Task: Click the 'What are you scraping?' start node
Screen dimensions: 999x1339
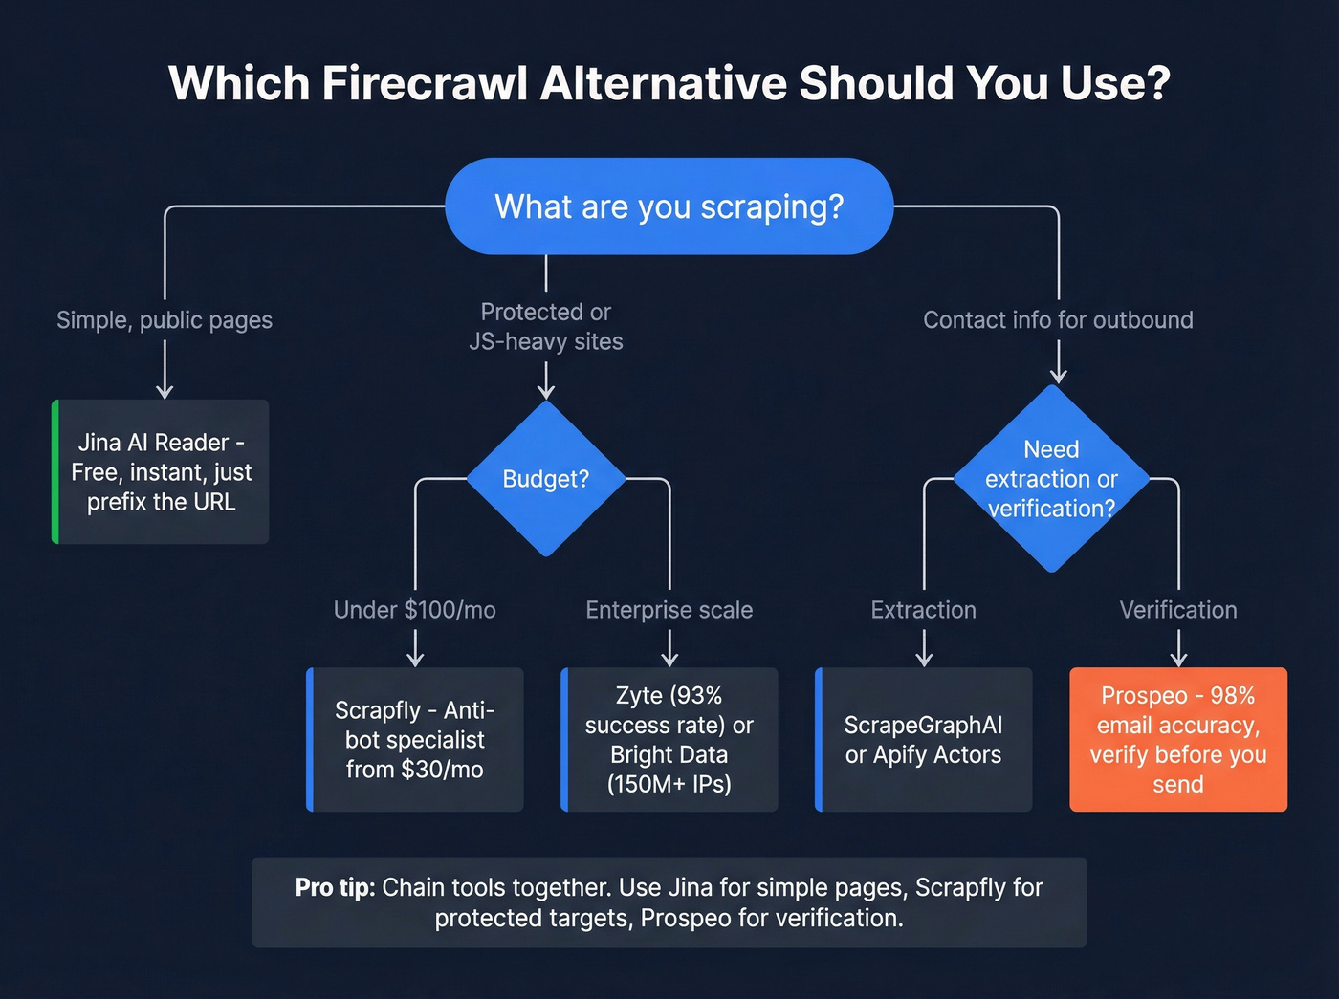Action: point(669,206)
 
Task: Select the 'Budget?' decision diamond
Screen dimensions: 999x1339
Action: point(545,478)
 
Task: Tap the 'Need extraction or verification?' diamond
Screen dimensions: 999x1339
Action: point(1051,478)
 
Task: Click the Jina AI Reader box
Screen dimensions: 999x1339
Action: point(161,471)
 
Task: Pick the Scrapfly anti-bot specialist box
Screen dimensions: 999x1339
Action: point(415,739)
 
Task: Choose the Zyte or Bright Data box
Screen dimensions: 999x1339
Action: point(669,739)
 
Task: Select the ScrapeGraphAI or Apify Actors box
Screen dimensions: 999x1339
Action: point(924,739)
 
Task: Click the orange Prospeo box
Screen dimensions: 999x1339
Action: point(1178,739)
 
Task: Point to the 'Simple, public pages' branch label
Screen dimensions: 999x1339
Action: point(165,320)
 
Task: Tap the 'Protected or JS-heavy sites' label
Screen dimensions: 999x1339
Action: point(546,326)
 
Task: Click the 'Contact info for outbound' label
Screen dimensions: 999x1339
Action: point(1058,320)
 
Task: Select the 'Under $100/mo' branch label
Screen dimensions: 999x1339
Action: point(415,610)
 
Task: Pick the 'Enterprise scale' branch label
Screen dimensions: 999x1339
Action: point(669,610)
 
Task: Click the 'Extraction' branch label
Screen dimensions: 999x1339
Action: point(924,610)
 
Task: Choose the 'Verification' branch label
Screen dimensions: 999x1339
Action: point(1178,610)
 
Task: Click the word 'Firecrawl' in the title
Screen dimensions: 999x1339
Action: point(425,83)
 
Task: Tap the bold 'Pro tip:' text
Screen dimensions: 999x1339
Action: point(335,888)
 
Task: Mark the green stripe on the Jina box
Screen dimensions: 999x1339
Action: point(55,471)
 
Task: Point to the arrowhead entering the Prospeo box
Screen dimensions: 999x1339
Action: point(1178,659)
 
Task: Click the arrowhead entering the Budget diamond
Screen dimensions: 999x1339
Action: point(546,391)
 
